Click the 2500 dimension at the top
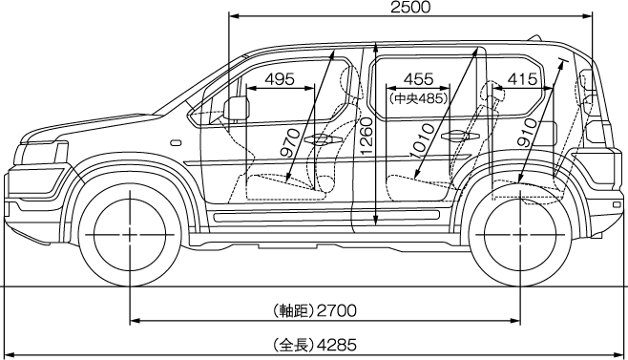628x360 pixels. [410, 8]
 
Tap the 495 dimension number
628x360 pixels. [280, 79]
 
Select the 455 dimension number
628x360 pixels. [419, 79]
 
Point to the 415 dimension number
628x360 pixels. [523, 79]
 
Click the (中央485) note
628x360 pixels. [418, 98]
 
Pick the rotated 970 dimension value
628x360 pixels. [290, 143]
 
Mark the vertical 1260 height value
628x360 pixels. [366, 137]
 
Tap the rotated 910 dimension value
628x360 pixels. [527, 133]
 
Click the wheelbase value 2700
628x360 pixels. [336, 310]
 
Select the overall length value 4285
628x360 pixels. [336, 345]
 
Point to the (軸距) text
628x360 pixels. [293, 310]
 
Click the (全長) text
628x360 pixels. [293, 345]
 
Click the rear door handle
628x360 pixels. [460, 137]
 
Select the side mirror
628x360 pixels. [237, 108]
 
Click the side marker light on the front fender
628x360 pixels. [176, 142]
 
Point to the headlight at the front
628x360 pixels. [42, 154]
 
